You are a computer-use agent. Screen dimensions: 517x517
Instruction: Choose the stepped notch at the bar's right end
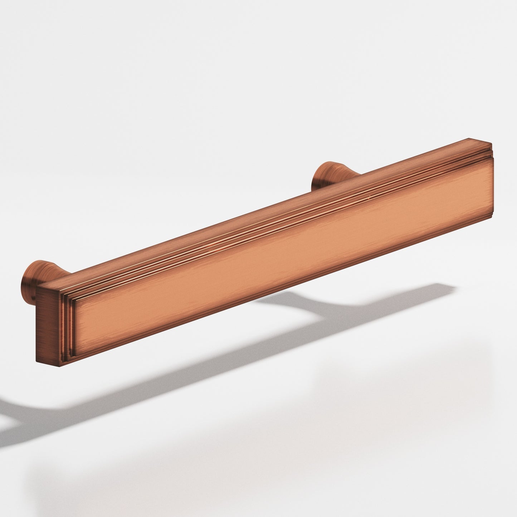pyautogui.click(x=487, y=150)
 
